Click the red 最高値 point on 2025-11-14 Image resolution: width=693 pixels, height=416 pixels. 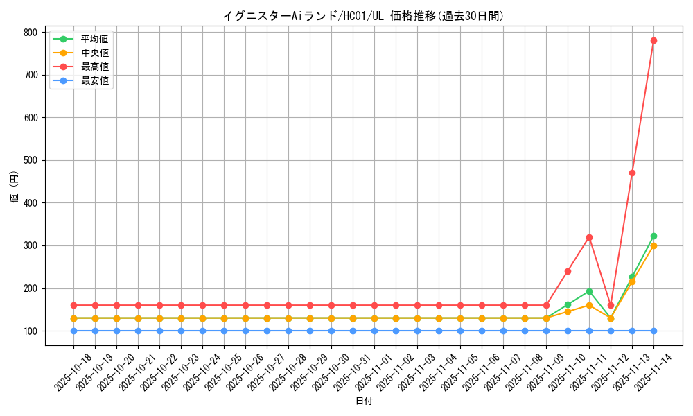(x=653, y=40)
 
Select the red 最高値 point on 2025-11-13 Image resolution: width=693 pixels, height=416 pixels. (x=632, y=173)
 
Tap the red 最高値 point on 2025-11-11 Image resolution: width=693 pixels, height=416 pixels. (x=589, y=237)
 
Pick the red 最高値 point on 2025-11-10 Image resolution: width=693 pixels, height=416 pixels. (x=568, y=271)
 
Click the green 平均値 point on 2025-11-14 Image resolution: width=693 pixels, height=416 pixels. (x=653, y=236)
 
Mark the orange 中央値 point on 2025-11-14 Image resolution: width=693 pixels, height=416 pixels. (x=653, y=245)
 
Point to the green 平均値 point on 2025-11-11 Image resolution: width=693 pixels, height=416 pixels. (x=589, y=291)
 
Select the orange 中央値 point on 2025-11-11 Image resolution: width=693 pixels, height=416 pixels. (x=589, y=305)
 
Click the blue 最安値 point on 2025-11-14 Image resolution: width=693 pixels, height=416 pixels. (x=653, y=331)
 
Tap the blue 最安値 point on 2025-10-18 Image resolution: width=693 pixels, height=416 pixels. (x=73, y=331)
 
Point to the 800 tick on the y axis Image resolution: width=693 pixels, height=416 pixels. (x=30, y=33)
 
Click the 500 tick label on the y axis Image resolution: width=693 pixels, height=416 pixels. (x=30, y=160)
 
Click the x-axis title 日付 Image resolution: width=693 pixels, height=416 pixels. (x=364, y=401)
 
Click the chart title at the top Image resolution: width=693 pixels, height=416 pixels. (x=364, y=15)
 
